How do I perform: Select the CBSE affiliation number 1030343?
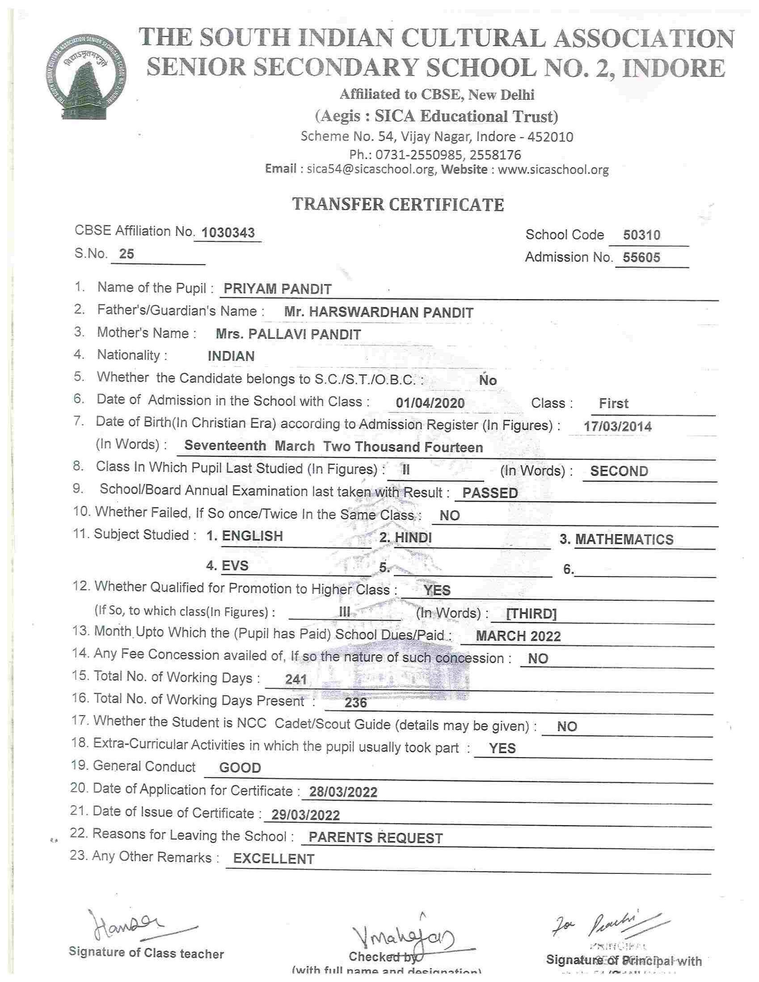(x=228, y=232)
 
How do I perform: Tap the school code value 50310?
(x=641, y=235)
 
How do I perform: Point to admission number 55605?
(x=641, y=257)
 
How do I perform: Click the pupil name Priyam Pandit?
(x=278, y=289)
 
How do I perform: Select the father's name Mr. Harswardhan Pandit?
(x=379, y=312)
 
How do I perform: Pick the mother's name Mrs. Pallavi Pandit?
(x=288, y=334)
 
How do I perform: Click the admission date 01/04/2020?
(x=430, y=403)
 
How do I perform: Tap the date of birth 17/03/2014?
(x=617, y=426)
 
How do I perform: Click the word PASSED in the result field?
(x=490, y=493)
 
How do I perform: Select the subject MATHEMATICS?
(x=624, y=539)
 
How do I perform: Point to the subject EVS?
(x=235, y=565)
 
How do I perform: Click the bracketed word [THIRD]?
(x=531, y=614)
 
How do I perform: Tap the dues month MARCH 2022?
(x=518, y=636)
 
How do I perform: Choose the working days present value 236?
(x=355, y=703)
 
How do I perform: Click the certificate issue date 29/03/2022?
(x=306, y=815)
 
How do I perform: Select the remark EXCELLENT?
(x=274, y=859)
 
